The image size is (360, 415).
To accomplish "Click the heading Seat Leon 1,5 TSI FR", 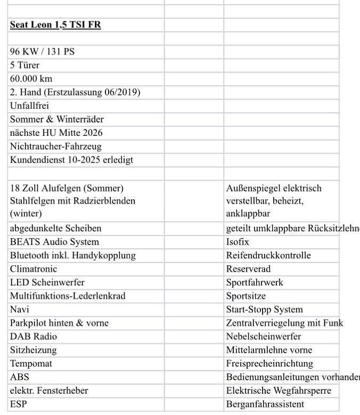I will tap(55, 25).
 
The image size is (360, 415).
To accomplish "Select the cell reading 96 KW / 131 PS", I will tap(46, 52).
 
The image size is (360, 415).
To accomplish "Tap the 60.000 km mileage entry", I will tap(31, 79).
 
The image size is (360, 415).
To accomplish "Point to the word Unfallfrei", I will tap(29, 105).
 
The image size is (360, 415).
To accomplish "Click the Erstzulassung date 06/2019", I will tap(120, 92).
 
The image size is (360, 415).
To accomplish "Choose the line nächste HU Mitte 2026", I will tap(56, 133).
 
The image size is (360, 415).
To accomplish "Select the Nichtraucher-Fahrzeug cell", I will tap(55, 146).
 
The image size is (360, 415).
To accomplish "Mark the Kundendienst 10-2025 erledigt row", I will tap(71, 160).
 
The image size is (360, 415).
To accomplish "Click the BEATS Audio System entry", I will tap(54, 242).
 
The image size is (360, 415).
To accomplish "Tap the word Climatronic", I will tap(34, 269).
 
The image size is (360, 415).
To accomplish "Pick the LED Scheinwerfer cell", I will tap(47, 282).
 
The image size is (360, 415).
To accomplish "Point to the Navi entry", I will tap(20, 310).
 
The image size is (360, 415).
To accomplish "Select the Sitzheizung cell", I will tap(33, 350).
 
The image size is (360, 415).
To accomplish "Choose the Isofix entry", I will tap(238, 242).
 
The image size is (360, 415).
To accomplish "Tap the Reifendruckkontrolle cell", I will tap(268, 255).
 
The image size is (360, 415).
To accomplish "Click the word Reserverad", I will tap(248, 269).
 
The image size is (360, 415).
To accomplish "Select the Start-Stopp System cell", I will tap(264, 310).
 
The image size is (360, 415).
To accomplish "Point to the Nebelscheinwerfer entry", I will tap(264, 337).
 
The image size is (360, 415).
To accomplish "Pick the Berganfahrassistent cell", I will tap(265, 404).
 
